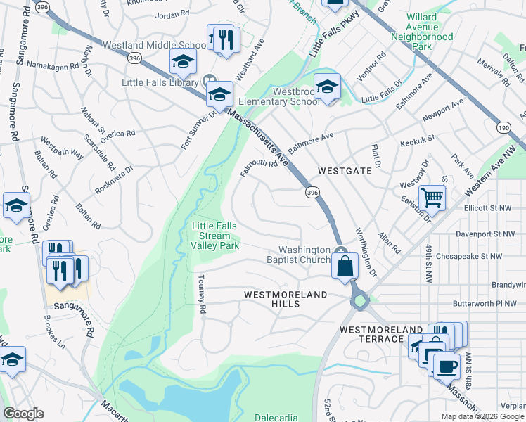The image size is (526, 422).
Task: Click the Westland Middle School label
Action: (154, 45)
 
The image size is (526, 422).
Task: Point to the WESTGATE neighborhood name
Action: (343, 171)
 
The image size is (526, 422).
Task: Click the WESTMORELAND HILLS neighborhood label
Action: (286, 299)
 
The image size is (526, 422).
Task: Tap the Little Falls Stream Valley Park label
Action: (216, 236)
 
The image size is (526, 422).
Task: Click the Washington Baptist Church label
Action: (304, 255)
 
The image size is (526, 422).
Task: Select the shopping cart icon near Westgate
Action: (432, 197)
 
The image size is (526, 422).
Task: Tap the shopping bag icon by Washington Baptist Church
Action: (344, 267)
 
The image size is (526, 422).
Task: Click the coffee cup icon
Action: (446, 365)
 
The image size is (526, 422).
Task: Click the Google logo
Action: (23, 414)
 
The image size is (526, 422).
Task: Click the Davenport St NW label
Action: (495, 233)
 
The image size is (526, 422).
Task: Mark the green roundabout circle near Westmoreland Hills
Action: (360, 301)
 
